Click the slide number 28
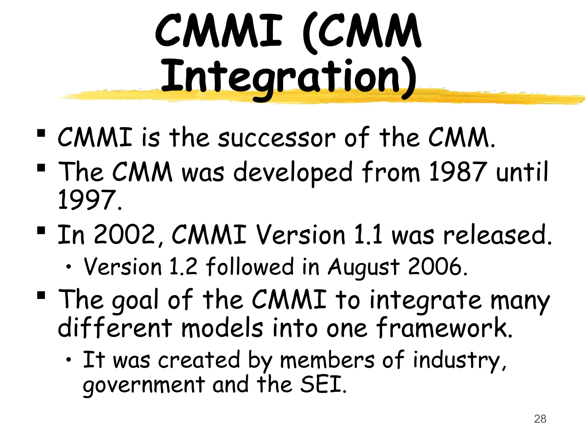pyautogui.click(x=540, y=419)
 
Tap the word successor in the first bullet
pyautogui.click(x=277, y=138)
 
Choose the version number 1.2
pyautogui.click(x=183, y=266)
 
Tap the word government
pyautogui.click(x=144, y=385)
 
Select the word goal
pyautogui.click(x=135, y=300)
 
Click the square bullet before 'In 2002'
pyautogui.click(x=41, y=230)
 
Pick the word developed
pyautogui.click(x=293, y=172)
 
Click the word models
pyautogui.click(x=222, y=328)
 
